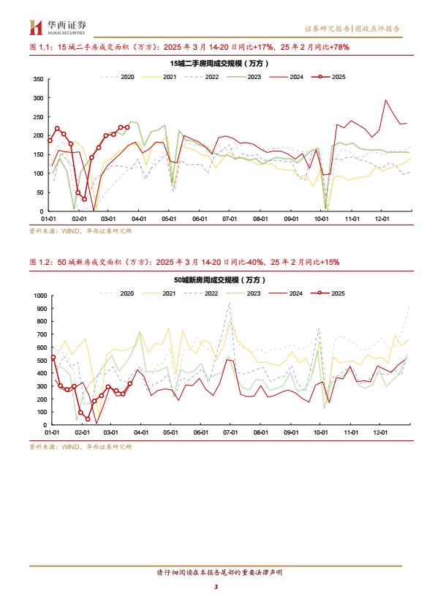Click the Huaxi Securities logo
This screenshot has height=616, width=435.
pyautogui.click(x=58, y=28)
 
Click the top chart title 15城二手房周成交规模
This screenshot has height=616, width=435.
pyautogui.click(x=219, y=63)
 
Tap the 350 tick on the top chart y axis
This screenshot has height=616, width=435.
pyautogui.click(x=39, y=79)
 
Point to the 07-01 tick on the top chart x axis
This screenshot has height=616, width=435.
pyautogui.click(x=230, y=219)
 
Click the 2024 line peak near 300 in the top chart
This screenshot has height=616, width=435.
pyautogui.click(x=385, y=100)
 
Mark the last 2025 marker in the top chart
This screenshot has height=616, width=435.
pyautogui.click(x=127, y=127)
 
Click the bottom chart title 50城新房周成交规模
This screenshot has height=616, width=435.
pyautogui.click(x=220, y=280)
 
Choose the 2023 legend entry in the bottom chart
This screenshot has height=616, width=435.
pyautogui.click(x=243, y=293)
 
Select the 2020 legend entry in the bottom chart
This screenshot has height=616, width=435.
pyautogui.click(x=116, y=293)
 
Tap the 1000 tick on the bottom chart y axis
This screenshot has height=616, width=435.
pyautogui.click(x=40, y=296)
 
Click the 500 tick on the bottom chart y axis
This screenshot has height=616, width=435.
pyautogui.click(x=42, y=360)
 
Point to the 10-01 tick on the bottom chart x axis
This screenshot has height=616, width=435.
pyautogui.click(x=320, y=432)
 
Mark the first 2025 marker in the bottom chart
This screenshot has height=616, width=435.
pyautogui.click(x=53, y=358)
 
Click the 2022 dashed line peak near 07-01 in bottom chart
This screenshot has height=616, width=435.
pyautogui.click(x=230, y=302)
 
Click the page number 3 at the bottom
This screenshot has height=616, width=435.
pyautogui.click(x=216, y=587)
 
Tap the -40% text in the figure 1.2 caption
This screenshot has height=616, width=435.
pyautogui.click(x=254, y=262)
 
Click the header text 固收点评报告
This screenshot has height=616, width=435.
pyautogui.click(x=378, y=29)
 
